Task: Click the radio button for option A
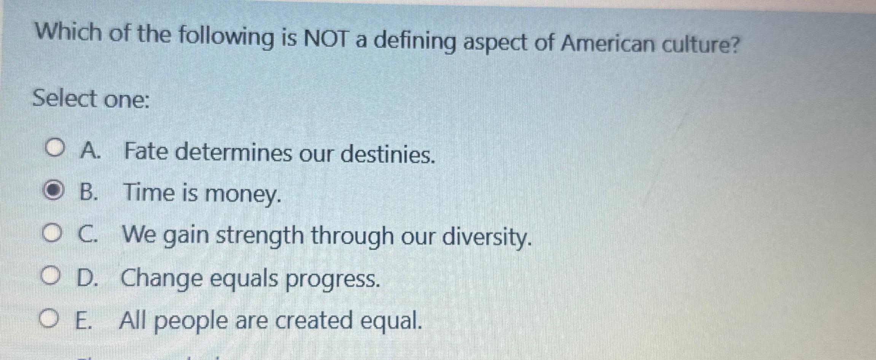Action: [x=54, y=150]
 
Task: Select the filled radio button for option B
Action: [x=53, y=192]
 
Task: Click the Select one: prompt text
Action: [x=91, y=99]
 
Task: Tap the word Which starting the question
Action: [x=69, y=32]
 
